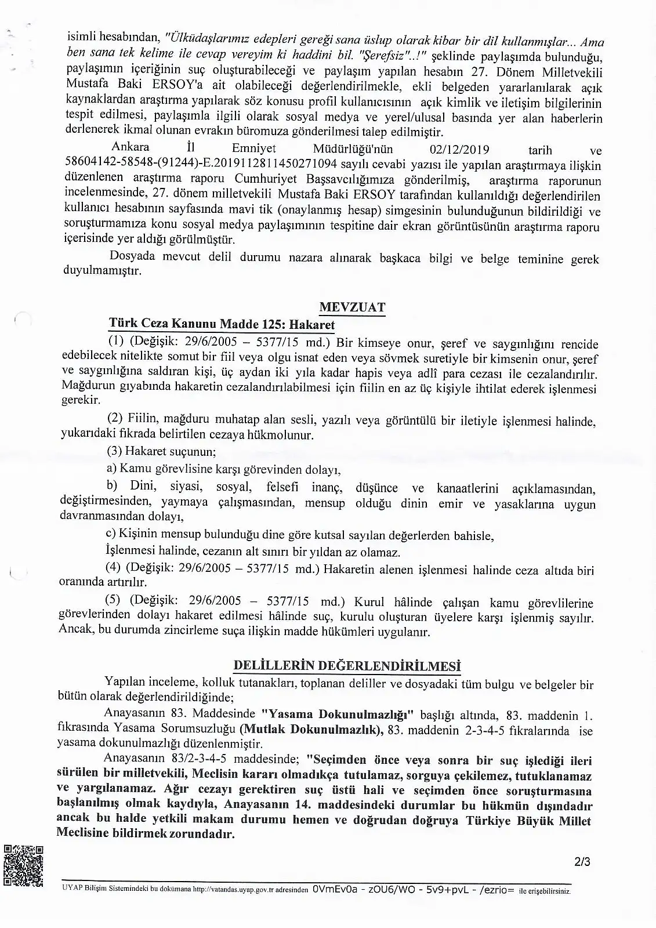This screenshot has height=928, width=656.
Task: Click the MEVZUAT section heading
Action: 352,307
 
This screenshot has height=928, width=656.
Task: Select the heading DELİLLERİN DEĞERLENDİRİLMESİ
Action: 346,665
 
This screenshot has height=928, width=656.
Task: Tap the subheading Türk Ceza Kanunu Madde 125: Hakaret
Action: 222,325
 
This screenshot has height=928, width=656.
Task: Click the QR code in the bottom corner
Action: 23,866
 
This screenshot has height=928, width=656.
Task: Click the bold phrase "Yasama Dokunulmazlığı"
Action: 337,715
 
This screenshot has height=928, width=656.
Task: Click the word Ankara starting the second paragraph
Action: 131,146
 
